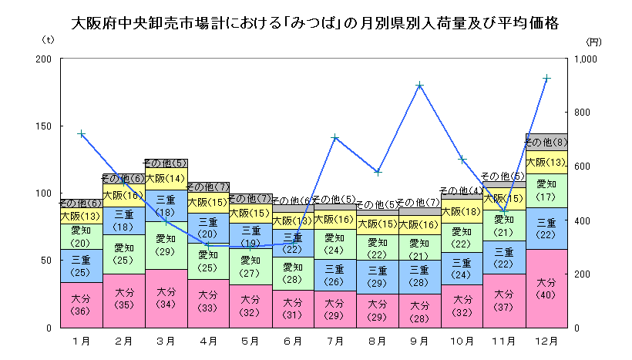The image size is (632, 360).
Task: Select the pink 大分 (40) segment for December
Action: [546, 288]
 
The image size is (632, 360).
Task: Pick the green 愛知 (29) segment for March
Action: [165, 245]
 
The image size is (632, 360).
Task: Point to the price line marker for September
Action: [419, 86]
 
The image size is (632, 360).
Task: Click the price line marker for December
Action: [546, 78]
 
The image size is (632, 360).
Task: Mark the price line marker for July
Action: [335, 138]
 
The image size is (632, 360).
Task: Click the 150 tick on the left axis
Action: [44, 126]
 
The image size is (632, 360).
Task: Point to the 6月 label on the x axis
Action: [292, 339]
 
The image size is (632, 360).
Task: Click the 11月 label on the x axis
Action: [504, 339]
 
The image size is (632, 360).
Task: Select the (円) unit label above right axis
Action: [592, 42]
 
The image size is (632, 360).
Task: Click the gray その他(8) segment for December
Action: [546, 142]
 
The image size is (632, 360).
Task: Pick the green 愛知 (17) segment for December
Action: [546, 190]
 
